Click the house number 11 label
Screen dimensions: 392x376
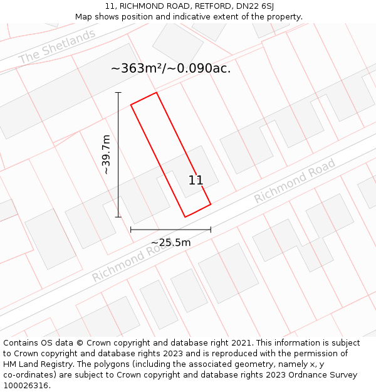pos(196,181)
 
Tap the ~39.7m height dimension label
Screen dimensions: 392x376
pos(106,155)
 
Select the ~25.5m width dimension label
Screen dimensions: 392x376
pos(170,242)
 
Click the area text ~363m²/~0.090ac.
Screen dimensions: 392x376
pos(170,68)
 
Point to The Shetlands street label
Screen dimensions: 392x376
pos(57,46)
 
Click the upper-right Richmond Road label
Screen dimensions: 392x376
pos(295,181)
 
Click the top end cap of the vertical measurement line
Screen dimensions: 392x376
pos(118,92)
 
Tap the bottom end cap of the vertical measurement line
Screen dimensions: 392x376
pos(118,217)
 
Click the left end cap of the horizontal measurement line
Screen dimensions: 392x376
pos(130,230)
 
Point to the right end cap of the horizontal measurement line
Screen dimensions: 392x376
pos(211,230)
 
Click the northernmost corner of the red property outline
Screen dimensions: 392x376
pos(156,92)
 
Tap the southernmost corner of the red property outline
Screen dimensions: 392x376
pos(185,217)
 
